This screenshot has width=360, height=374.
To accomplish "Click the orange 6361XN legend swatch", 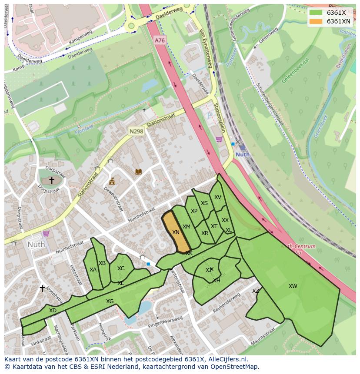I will [x=316, y=21].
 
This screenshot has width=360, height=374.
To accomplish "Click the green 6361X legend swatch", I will [x=316, y=13].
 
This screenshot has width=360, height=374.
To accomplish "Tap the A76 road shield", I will [x=160, y=40].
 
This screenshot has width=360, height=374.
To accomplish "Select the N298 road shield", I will [x=136, y=131].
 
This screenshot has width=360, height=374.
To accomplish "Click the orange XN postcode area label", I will [x=176, y=232].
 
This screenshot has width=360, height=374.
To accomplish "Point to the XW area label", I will [x=293, y=286].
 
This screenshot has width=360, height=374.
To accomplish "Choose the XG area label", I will [x=110, y=301].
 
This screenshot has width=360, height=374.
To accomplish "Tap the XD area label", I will [x=53, y=310].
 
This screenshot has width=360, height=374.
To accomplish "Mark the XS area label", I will [x=204, y=203].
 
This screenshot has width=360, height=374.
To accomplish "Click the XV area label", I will [x=218, y=197].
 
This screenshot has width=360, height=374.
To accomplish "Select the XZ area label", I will [x=256, y=291].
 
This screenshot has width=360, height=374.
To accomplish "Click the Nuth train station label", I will [x=242, y=155].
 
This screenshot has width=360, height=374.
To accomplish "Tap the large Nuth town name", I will [x=36, y=244].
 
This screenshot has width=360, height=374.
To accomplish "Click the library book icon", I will [x=138, y=172].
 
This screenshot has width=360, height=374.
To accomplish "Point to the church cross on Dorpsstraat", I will [x=52, y=180].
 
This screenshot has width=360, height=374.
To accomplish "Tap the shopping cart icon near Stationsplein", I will [x=219, y=139].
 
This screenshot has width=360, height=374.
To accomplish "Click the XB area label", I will [x=102, y=263].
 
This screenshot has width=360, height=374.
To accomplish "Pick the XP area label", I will [x=194, y=211].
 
